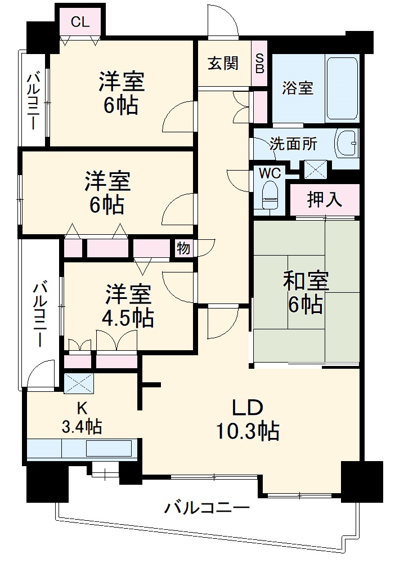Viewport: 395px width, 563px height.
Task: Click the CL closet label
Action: tap(80, 22)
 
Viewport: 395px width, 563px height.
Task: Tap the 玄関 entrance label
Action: tap(223, 64)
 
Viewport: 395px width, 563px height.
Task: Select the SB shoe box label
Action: tap(259, 64)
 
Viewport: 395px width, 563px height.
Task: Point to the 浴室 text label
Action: tap(298, 88)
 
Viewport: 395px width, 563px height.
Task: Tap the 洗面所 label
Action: tap(293, 144)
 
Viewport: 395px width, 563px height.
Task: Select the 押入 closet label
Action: tap(324, 200)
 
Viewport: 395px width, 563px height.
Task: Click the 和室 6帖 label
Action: tap(306, 292)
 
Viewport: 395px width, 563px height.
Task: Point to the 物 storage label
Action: tap(183, 248)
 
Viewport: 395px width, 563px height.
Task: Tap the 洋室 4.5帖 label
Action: tap(128, 306)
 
